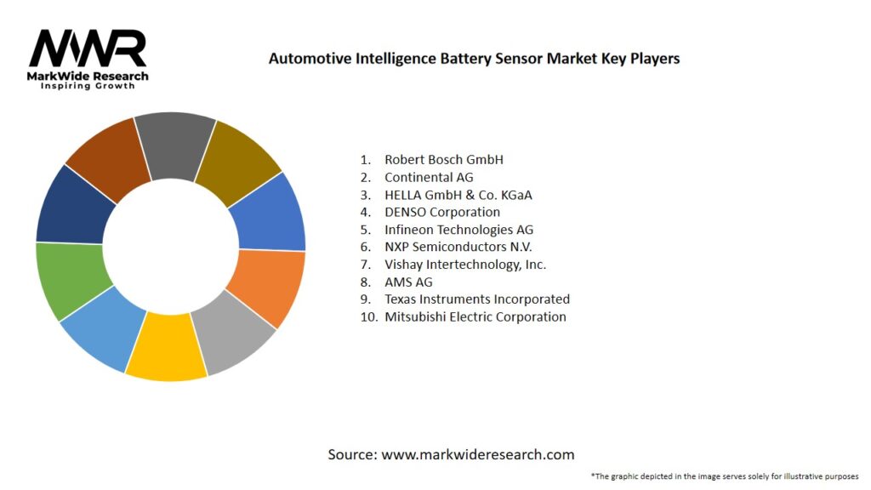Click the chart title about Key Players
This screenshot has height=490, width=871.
[474, 59]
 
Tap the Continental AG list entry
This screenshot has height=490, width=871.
[429, 177]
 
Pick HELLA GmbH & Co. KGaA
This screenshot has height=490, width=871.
[458, 195]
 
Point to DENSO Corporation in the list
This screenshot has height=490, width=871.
[442, 212]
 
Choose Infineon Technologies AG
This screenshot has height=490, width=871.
[459, 230]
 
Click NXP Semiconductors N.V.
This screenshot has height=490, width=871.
[458, 247]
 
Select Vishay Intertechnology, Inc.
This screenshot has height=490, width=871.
[465, 265]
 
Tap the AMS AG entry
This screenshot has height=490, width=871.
[408, 282]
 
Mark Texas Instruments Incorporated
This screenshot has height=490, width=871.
[477, 299]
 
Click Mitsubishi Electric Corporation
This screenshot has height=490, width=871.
[475, 316]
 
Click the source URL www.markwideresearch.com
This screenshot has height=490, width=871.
[477, 454]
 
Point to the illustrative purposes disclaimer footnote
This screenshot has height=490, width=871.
[725, 476]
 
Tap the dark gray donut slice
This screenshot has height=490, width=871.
[174, 145]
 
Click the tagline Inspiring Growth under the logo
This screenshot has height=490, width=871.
[88, 86]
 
